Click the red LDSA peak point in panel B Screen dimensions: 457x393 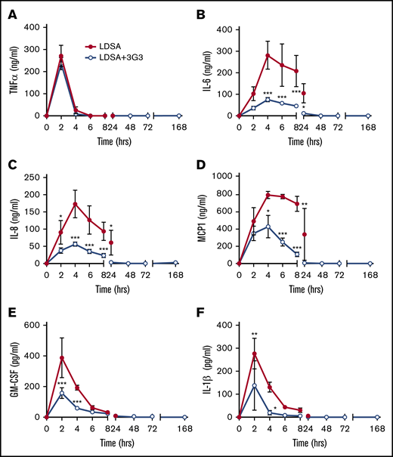coord(268,54)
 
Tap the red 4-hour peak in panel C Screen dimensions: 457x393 coord(75,204)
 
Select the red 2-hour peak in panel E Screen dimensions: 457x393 coord(60,358)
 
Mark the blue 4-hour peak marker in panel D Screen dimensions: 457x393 coord(268,227)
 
